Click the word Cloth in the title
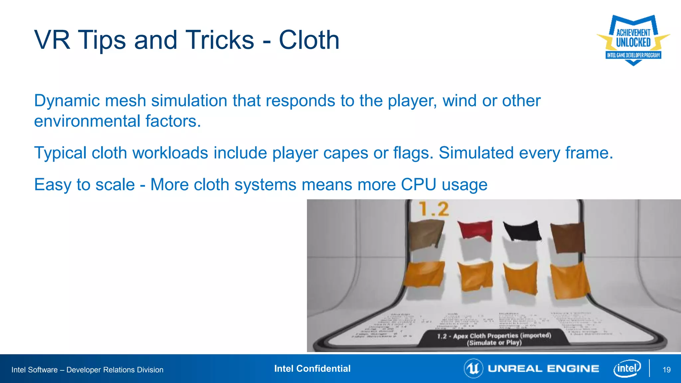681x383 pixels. coord(309,40)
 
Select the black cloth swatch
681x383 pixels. coord(521,231)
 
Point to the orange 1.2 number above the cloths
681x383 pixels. coord(434,209)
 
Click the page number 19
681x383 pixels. coord(666,370)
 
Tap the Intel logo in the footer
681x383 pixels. coord(627,368)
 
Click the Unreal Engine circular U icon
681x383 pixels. coord(473,368)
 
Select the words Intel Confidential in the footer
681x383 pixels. coord(312,368)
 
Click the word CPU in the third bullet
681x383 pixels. coord(418,185)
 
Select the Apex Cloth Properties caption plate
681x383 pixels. coord(494,339)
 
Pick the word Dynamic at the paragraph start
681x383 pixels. coord(67,101)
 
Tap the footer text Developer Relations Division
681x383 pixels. coord(115,370)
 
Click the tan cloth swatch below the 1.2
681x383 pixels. coord(426,235)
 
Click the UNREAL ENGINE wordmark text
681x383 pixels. coord(543,369)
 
